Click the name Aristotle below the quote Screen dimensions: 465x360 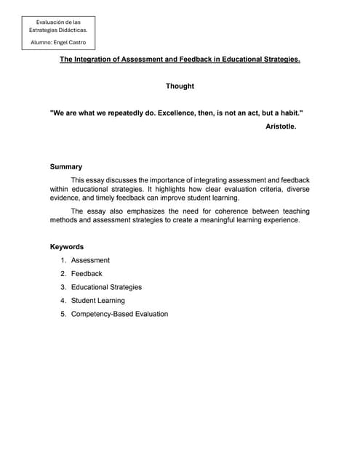[x=281, y=126]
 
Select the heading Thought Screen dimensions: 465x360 [x=180, y=86]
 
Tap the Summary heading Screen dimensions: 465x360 [x=65, y=166]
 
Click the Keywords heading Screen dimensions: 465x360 [x=66, y=247]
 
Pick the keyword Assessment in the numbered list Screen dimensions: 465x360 [x=90, y=260]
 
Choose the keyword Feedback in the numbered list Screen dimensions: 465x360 [x=87, y=274]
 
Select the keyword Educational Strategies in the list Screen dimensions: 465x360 [x=106, y=287]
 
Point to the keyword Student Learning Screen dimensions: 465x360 [x=97, y=300]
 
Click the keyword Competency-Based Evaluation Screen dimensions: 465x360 [x=119, y=314]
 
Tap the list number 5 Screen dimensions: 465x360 [x=63, y=314]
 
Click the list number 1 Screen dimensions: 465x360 [x=63, y=260]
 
